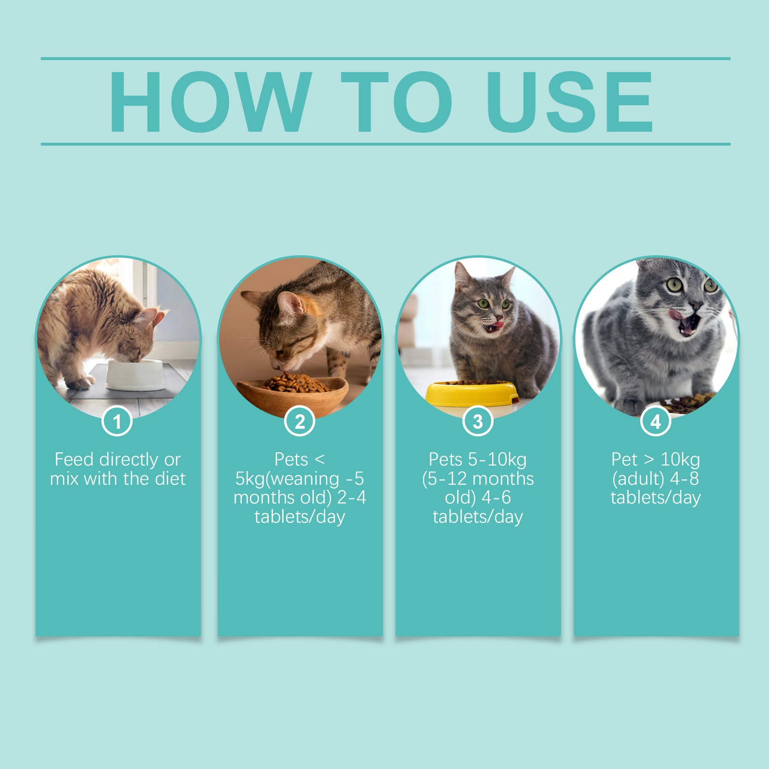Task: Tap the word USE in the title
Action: (x=570, y=101)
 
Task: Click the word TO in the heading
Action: (x=397, y=101)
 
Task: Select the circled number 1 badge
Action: (x=117, y=422)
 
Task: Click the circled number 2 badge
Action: (x=299, y=422)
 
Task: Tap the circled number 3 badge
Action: (x=478, y=422)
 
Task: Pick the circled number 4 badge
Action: (x=656, y=422)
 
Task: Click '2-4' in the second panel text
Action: (x=351, y=497)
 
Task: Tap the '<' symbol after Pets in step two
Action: (x=320, y=459)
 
